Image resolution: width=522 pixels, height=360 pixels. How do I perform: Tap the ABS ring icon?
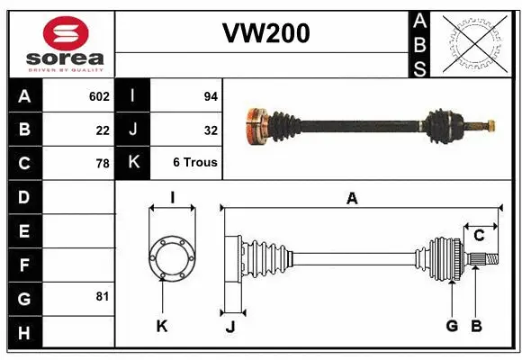coord(475,43)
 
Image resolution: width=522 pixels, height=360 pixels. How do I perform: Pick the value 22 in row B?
coord(103,130)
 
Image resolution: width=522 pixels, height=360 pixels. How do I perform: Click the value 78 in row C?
coord(103,164)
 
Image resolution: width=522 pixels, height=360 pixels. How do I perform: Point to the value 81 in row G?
coord(103,296)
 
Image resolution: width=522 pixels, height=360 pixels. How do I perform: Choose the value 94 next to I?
coord(211,95)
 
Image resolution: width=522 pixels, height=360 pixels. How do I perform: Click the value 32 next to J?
coord(211,130)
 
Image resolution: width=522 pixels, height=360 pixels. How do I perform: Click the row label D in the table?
coord(24,196)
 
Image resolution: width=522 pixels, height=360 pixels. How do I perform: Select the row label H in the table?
coord(24,333)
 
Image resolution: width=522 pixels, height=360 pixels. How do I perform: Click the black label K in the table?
coord(133,163)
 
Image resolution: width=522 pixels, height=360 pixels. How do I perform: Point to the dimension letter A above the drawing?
coord(353,199)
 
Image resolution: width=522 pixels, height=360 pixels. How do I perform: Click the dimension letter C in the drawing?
coord(479,235)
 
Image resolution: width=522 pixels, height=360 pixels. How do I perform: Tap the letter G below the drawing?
coord(452,326)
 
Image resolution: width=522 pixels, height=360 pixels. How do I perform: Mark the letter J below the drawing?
coord(229,327)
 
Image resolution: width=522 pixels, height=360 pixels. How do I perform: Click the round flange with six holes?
coord(171,256)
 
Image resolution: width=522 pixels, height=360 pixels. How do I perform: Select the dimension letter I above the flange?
coord(171,197)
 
